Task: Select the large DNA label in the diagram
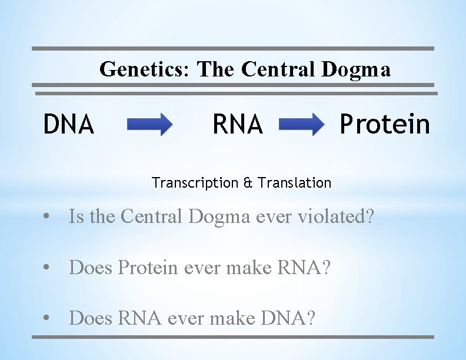pos(69,124)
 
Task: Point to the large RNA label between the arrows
pos(237,124)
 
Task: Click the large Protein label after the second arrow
pos(385,124)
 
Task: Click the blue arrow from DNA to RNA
pos(149,125)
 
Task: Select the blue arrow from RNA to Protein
pos(301,125)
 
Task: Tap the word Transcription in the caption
pos(194,183)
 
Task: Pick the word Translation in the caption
pos(294,183)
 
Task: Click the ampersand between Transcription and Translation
pos(249,183)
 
